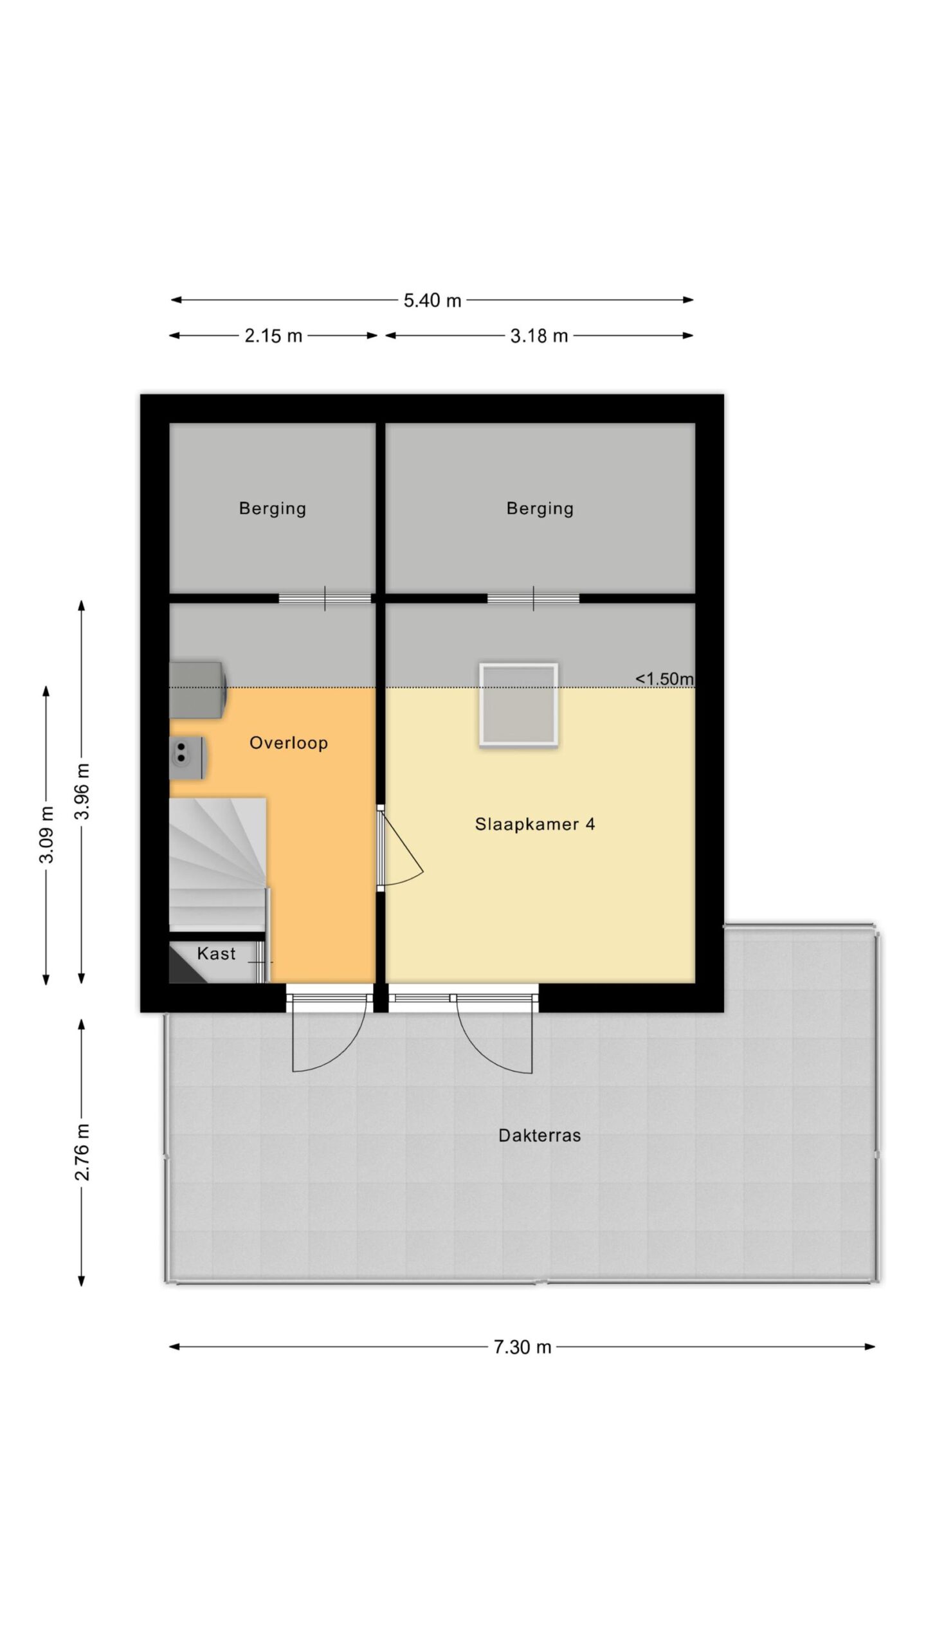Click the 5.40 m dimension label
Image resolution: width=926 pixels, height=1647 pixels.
coord(432,300)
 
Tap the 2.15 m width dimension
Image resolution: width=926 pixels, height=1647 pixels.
coord(273,336)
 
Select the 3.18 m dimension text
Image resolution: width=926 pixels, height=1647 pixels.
coord(539,336)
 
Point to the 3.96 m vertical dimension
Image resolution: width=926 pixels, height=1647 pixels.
coord(82,791)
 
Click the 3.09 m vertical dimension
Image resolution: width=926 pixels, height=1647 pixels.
coord(47,834)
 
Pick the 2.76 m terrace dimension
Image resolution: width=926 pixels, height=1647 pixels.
coord(82,1152)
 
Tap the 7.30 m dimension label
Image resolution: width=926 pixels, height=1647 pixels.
coord(522,1347)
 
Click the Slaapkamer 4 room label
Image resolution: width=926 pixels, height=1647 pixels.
coord(535,824)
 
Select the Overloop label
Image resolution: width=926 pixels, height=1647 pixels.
coord(289,743)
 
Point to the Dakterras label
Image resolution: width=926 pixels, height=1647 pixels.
coord(540,1136)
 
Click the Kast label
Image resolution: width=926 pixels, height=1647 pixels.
coord(216,953)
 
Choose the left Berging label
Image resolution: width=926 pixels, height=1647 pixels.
coord(273,509)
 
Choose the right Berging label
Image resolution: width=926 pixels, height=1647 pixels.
coord(540,509)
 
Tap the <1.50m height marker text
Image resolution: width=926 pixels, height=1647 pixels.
coord(665,679)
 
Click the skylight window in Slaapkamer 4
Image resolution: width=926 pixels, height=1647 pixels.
coord(518,705)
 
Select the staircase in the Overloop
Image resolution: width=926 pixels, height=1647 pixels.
coord(218,864)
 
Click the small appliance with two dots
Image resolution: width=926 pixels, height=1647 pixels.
coord(187,758)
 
